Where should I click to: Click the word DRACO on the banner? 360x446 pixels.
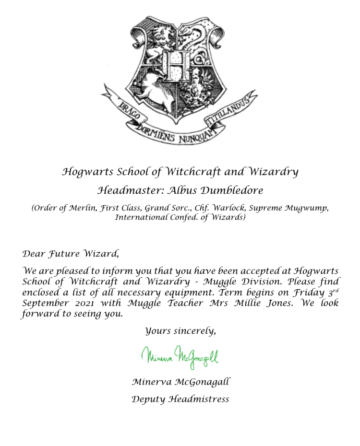point(122,110)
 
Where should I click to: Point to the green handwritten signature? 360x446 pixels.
point(180,355)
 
